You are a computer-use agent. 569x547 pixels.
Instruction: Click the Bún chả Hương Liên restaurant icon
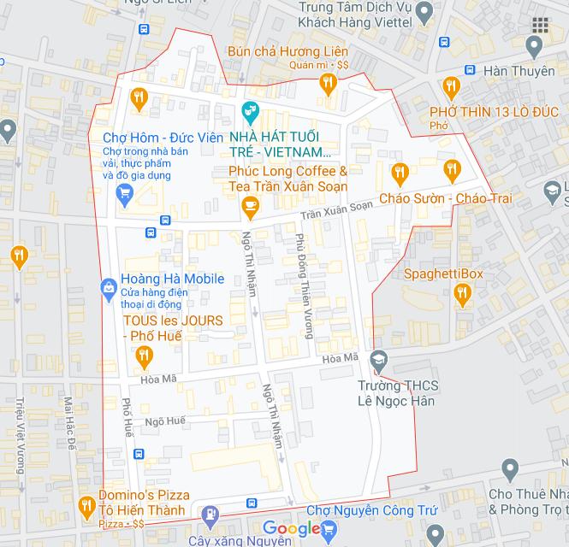point(327,83)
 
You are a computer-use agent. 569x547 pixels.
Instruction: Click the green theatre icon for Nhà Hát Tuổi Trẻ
point(249,109)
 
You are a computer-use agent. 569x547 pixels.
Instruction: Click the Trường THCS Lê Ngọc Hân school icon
point(379,361)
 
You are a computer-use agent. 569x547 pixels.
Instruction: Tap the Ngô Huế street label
point(164,421)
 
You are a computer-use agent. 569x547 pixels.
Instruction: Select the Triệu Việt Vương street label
point(19,436)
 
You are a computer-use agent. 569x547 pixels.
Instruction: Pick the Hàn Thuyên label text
point(519,71)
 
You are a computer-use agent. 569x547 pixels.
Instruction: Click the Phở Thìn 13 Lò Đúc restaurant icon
point(451,85)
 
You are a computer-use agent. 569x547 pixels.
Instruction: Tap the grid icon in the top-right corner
point(540,26)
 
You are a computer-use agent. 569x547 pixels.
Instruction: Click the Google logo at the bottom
point(291,529)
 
